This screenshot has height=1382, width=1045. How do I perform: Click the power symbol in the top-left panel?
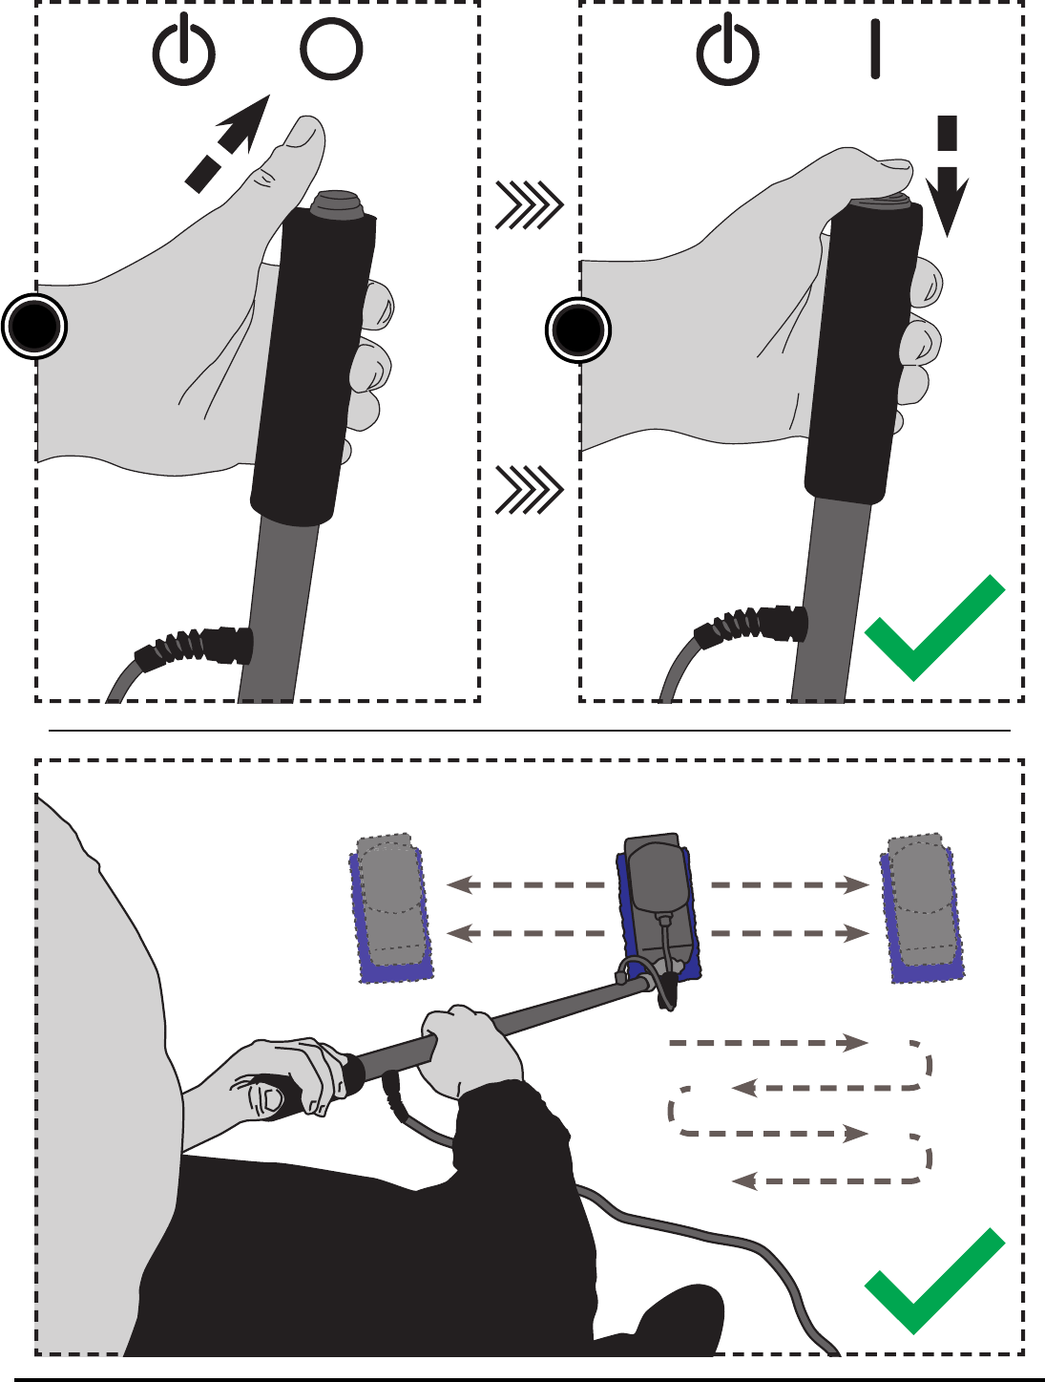pos(184,53)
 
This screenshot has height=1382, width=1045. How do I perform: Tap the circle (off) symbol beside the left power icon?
pos(331,50)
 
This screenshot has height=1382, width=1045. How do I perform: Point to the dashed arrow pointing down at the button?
pos(947,177)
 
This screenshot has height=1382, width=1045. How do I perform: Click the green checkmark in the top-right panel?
pos(934,628)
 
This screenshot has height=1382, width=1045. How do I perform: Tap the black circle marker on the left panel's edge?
pos(34,327)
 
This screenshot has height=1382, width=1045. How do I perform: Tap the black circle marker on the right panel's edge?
pos(577,330)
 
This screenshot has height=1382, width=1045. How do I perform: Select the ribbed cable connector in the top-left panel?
pos(197,646)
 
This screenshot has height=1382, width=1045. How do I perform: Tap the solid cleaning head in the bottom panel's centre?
pos(658,907)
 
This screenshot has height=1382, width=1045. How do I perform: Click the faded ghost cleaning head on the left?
pos(391,907)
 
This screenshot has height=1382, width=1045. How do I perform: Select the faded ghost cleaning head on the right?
pos(922,907)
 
